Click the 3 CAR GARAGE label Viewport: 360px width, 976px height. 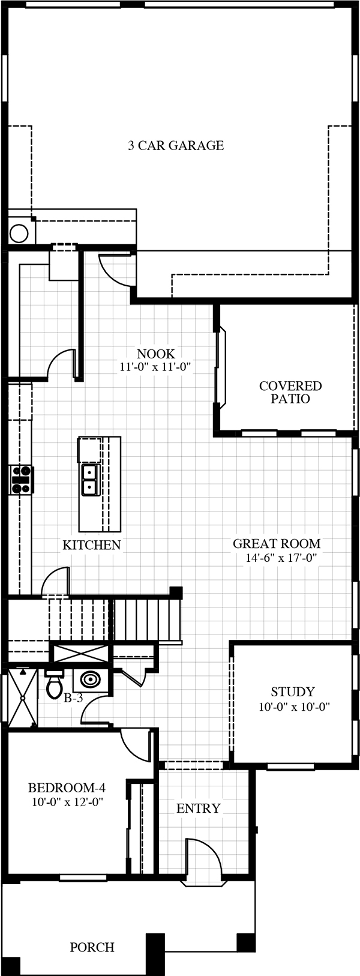click(x=176, y=145)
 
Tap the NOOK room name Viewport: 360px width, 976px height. click(x=156, y=354)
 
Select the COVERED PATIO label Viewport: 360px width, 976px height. click(x=290, y=392)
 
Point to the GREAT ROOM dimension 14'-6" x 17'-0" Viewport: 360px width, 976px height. click(x=280, y=557)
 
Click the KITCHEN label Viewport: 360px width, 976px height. click(x=91, y=544)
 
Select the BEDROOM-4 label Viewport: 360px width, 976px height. click(x=67, y=788)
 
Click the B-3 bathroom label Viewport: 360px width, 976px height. click(x=74, y=699)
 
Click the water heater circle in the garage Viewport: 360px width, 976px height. click(x=19, y=233)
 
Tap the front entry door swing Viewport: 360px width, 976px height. click(x=204, y=858)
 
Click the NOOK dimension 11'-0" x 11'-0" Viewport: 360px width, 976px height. click(x=156, y=367)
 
